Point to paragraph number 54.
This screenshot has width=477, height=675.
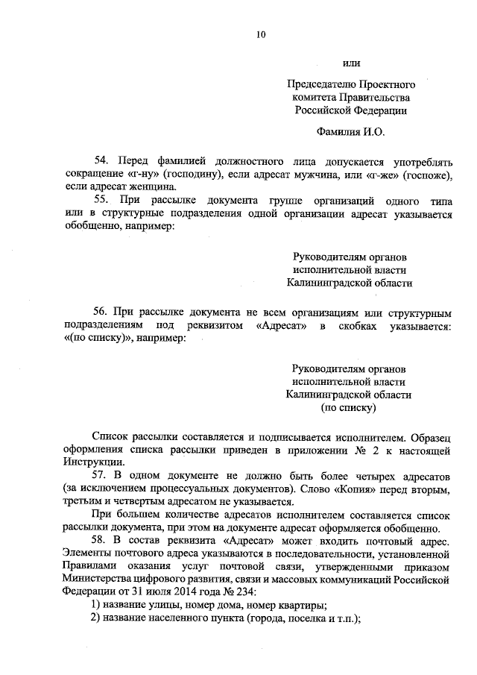pos(101,161)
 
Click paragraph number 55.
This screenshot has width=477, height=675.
pos(101,200)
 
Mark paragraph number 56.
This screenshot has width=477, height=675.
pos(101,310)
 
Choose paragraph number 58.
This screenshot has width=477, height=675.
pos(101,539)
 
